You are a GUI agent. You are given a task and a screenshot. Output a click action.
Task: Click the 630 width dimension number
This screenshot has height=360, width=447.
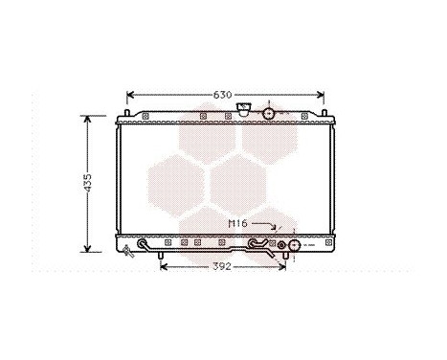point(222,95)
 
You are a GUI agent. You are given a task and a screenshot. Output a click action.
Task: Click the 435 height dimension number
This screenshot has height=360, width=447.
point(87,182)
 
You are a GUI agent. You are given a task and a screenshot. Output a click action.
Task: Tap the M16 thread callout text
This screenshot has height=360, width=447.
point(237,223)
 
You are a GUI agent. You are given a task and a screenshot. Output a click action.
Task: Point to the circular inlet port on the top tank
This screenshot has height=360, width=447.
point(270,114)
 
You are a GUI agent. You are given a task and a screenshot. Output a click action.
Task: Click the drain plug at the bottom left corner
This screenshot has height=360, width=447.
point(128,251)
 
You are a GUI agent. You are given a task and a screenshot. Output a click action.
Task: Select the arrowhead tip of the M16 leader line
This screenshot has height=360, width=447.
point(277,230)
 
